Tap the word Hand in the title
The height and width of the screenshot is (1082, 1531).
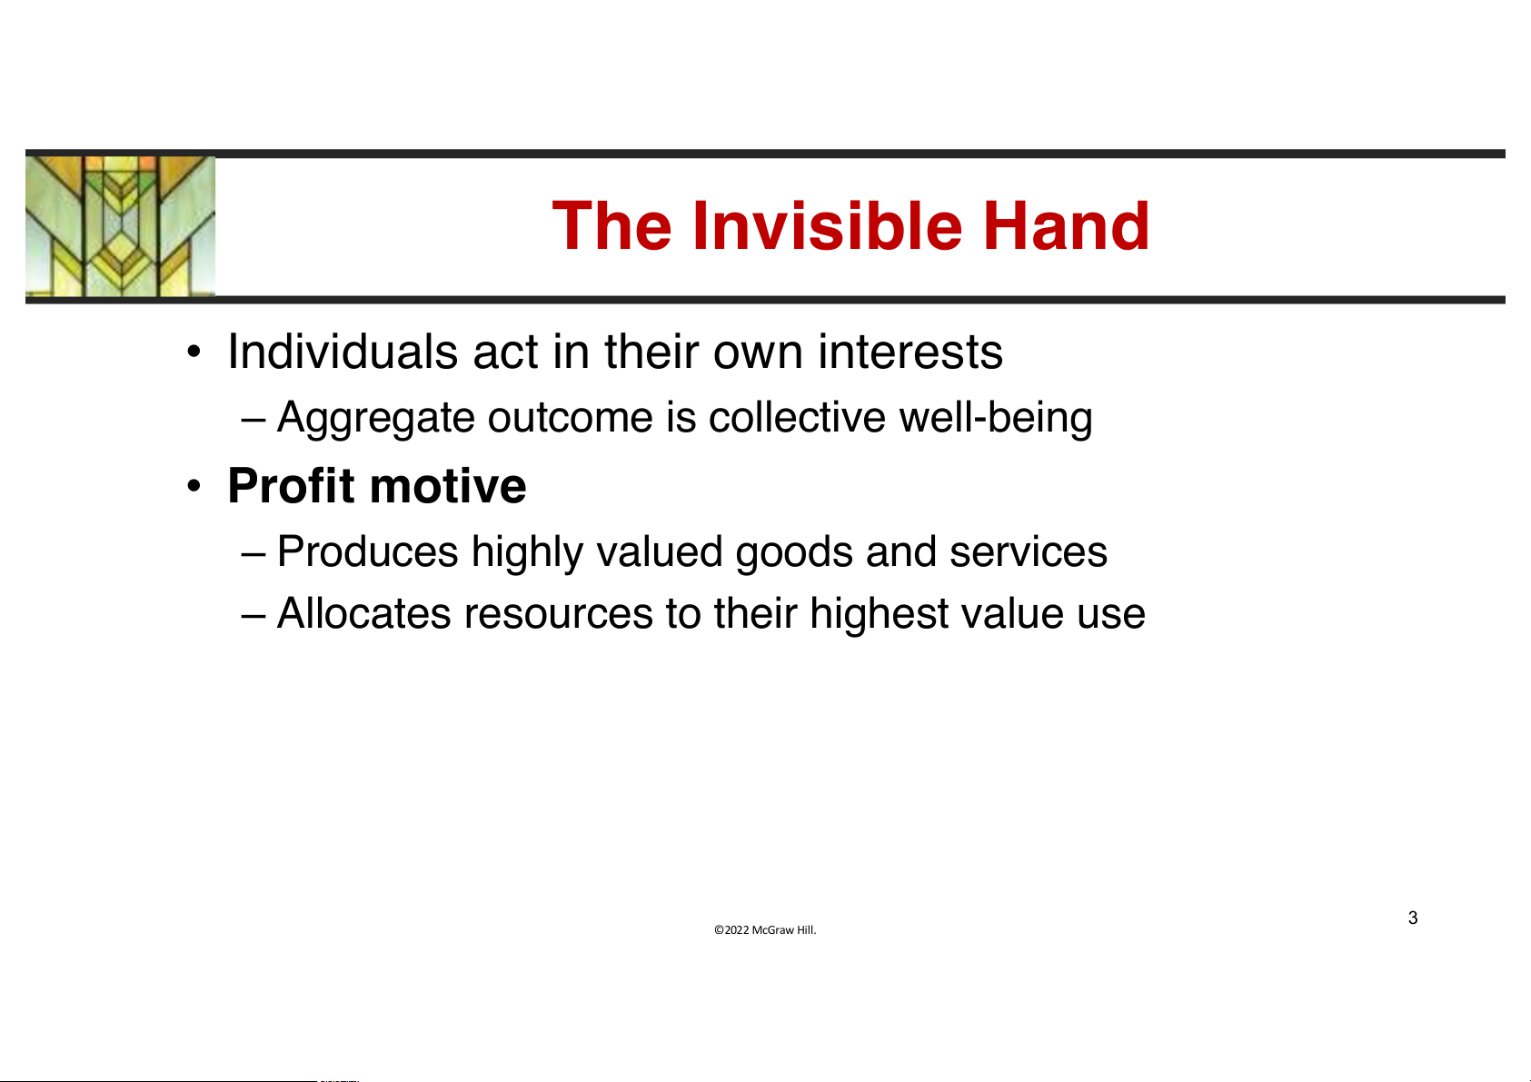1066,225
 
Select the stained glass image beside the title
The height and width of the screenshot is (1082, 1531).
120,226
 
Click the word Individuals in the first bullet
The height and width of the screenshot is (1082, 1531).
343,352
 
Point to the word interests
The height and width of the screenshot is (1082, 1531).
910,352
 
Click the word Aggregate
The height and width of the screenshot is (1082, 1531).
375,418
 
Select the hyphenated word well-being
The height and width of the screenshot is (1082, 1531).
996,418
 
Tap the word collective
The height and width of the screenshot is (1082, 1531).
797,417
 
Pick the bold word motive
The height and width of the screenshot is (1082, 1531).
448,486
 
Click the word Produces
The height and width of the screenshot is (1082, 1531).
368,551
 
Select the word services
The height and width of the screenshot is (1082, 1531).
1028,552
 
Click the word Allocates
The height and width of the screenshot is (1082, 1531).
363,613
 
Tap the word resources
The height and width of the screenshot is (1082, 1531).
559,614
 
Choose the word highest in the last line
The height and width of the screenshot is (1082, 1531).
879,614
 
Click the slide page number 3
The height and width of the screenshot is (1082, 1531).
1413,918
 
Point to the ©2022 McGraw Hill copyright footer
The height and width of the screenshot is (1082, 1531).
765,929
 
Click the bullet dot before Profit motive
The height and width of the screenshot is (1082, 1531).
194,486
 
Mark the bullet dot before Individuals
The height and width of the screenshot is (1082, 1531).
194,352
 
